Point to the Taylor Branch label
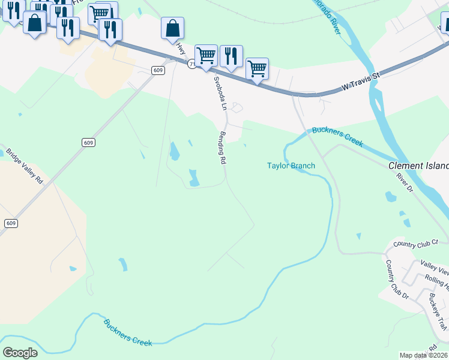click(x=291, y=166)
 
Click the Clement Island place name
click(x=418, y=166)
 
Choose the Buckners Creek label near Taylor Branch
click(x=337, y=137)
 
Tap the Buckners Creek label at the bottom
click(x=128, y=332)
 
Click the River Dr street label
click(x=405, y=182)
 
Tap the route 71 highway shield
click(x=190, y=64)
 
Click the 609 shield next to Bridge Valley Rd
click(x=88, y=142)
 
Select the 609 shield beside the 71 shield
click(x=158, y=70)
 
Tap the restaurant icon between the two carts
click(x=231, y=56)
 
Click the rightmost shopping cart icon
click(x=257, y=68)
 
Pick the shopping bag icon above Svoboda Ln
click(x=172, y=28)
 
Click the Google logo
click(x=20, y=353)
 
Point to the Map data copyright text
click(x=423, y=355)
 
